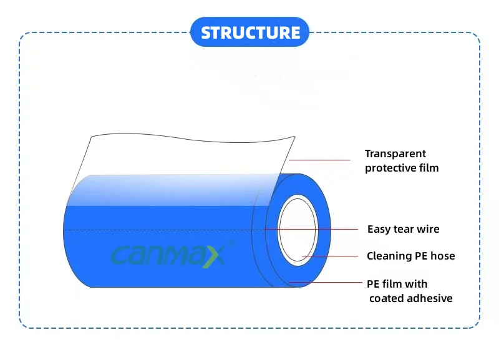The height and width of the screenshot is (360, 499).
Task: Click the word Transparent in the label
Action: tap(395, 153)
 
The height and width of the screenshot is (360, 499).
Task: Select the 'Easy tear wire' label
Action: tap(403, 229)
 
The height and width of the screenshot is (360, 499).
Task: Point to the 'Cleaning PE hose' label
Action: tap(410, 256)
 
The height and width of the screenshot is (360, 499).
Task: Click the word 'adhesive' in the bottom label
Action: tap(430, 298)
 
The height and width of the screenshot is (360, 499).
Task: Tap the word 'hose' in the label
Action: tap(443, 256)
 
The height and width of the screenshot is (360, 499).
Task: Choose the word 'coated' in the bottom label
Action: tap(386, 298)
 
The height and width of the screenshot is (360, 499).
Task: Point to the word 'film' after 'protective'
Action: tap(429, 168)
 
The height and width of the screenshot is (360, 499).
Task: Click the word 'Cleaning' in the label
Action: tap(389, 256)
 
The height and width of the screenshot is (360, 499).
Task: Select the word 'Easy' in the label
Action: tap(379, 229)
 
